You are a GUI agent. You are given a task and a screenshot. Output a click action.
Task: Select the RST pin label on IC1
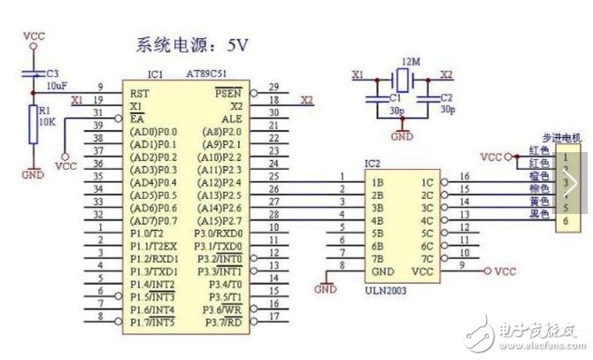139,92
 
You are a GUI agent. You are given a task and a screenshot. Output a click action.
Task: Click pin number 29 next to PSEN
273,87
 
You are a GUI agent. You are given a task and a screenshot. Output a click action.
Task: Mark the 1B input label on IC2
378,181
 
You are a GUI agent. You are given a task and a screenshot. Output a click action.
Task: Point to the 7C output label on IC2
427,258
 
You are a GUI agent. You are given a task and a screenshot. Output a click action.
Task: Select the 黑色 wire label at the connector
538,213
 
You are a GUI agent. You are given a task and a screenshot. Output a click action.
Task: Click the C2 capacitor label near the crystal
446,98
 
